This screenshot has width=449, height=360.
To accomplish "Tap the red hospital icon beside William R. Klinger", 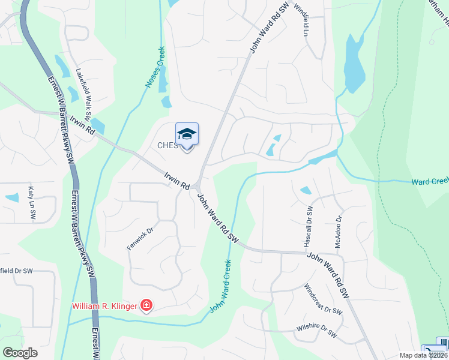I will pyautogui.click(x=146, y=306).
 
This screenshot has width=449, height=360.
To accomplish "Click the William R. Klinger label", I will pyautogui.click(x=105, y=306).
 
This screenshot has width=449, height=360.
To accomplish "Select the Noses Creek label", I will pyautogui.click(x=157, y=67).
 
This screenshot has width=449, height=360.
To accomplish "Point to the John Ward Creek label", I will pyautogui.click(x=220, y=286).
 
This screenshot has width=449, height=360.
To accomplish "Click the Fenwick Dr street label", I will pyautogui.click(x=137, y=238).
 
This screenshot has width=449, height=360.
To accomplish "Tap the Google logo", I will pyautogui.click(x=20, y=352).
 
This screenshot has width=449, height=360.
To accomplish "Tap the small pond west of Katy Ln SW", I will pyautogui.click(x=12, y=197).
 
